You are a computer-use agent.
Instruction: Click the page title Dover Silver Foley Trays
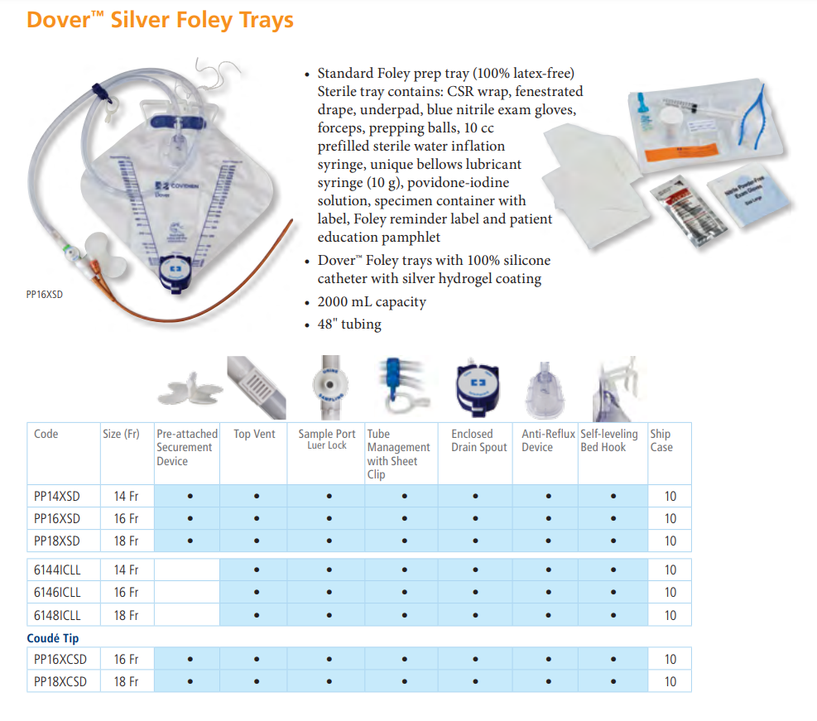pos(160,21)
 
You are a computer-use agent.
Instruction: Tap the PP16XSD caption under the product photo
pos(45,295)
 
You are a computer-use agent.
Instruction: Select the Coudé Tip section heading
pos(53,638)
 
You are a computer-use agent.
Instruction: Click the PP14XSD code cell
pos(57,497)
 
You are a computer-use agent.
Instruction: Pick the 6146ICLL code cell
pos(57,593)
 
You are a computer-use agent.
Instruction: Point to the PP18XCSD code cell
pos(60,681)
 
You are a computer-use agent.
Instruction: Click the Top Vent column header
pos(254,434)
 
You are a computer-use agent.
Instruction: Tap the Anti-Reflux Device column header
pos(548,440)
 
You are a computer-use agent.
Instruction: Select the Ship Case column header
pos(661,440)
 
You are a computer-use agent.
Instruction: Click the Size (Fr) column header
pos(121,434)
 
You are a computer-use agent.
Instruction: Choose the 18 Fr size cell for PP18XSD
pos(126,541)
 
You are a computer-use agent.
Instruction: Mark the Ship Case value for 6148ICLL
pos(670,615)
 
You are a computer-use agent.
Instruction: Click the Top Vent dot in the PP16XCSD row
pos(257,660)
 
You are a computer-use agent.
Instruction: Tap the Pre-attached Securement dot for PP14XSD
pos(190,496)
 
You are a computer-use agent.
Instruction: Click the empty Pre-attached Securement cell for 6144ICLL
pos(187,570)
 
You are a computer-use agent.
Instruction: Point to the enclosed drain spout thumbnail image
pos(478,388)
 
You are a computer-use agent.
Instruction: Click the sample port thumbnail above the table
pos(330,387)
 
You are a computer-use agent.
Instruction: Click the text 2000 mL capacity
pos(372,302)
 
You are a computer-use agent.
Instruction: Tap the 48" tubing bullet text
pos(349,324)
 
